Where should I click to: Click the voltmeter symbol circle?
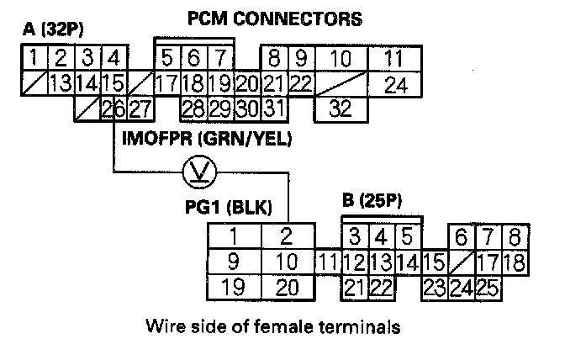[x=199, y=172]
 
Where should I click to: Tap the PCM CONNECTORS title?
[x=275, y=19]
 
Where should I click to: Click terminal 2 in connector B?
[x=288, y=236]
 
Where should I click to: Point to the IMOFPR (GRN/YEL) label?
[x=207, y=139]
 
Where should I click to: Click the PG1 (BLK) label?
[x=229, y=207]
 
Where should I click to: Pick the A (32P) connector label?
[x=53, y=29]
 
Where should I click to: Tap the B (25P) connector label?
[x=372, y=201]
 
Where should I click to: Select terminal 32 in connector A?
[x=341, y=109]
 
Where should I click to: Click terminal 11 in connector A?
[x=394, y=58]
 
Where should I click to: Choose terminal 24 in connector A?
[x=394, y=85]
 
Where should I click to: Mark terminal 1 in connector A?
[x=34, y=58]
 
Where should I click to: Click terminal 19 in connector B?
[x=235, y=287]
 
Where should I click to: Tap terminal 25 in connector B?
[x=488, y=289]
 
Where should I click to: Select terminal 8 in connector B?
[x=515, y=236]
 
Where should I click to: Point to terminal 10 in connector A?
[x=341, y=58]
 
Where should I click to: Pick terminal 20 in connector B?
[x=288, y=287]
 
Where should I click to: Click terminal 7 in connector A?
[x=220, y=58]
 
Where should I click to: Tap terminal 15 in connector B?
[x=435, y=262]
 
